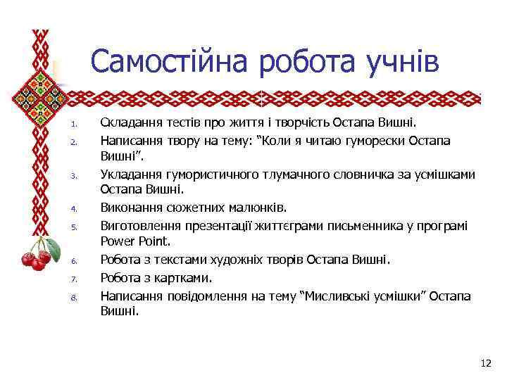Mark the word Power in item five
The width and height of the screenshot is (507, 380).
point(118,242)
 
